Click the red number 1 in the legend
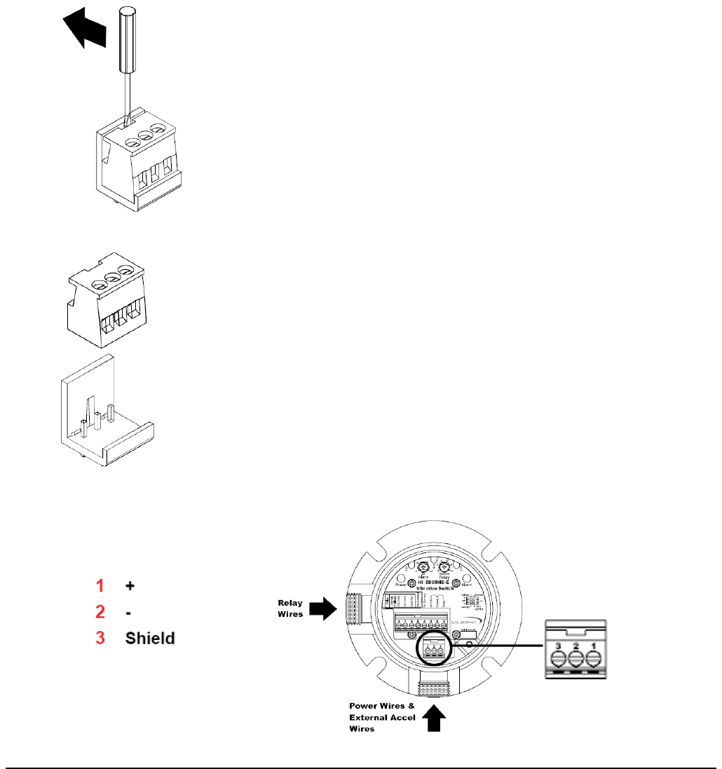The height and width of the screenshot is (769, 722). tap(100, 585)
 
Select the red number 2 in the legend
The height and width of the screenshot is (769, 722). tap(100, 612)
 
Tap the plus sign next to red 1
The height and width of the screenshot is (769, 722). tap(130, 585)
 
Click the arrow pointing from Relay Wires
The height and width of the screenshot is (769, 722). tap(322, 608)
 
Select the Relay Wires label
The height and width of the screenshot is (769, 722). tap(290, 608)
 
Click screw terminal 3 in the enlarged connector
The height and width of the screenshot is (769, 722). tap(559, 659)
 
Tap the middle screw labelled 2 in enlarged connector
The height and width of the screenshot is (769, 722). tap(575, 659)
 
